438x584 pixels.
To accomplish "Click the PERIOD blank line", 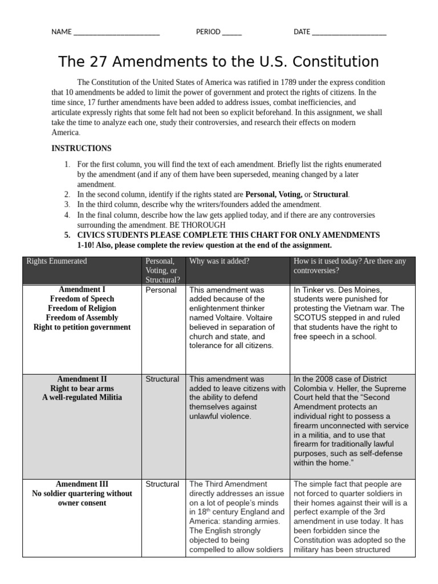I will (x=232, y=33).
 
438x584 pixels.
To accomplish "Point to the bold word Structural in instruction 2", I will (x=331, y=194).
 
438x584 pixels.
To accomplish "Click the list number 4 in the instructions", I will (x=67, y=215).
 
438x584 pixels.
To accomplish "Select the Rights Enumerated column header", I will (x=56, y=261).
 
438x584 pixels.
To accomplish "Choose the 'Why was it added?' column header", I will (x=220, y=261).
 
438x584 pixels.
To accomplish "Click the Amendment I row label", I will (x=82, y=289).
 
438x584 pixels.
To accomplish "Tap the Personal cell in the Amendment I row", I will (x=161, y=290).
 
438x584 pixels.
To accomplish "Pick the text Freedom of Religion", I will (x=82, y=308).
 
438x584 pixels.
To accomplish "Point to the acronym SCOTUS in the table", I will (x=310, y=318).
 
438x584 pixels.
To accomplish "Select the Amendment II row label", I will (x=82, y=379).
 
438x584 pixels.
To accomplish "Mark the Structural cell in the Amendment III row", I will (x=162, y=484).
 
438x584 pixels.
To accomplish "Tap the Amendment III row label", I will (x=82, y=484).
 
